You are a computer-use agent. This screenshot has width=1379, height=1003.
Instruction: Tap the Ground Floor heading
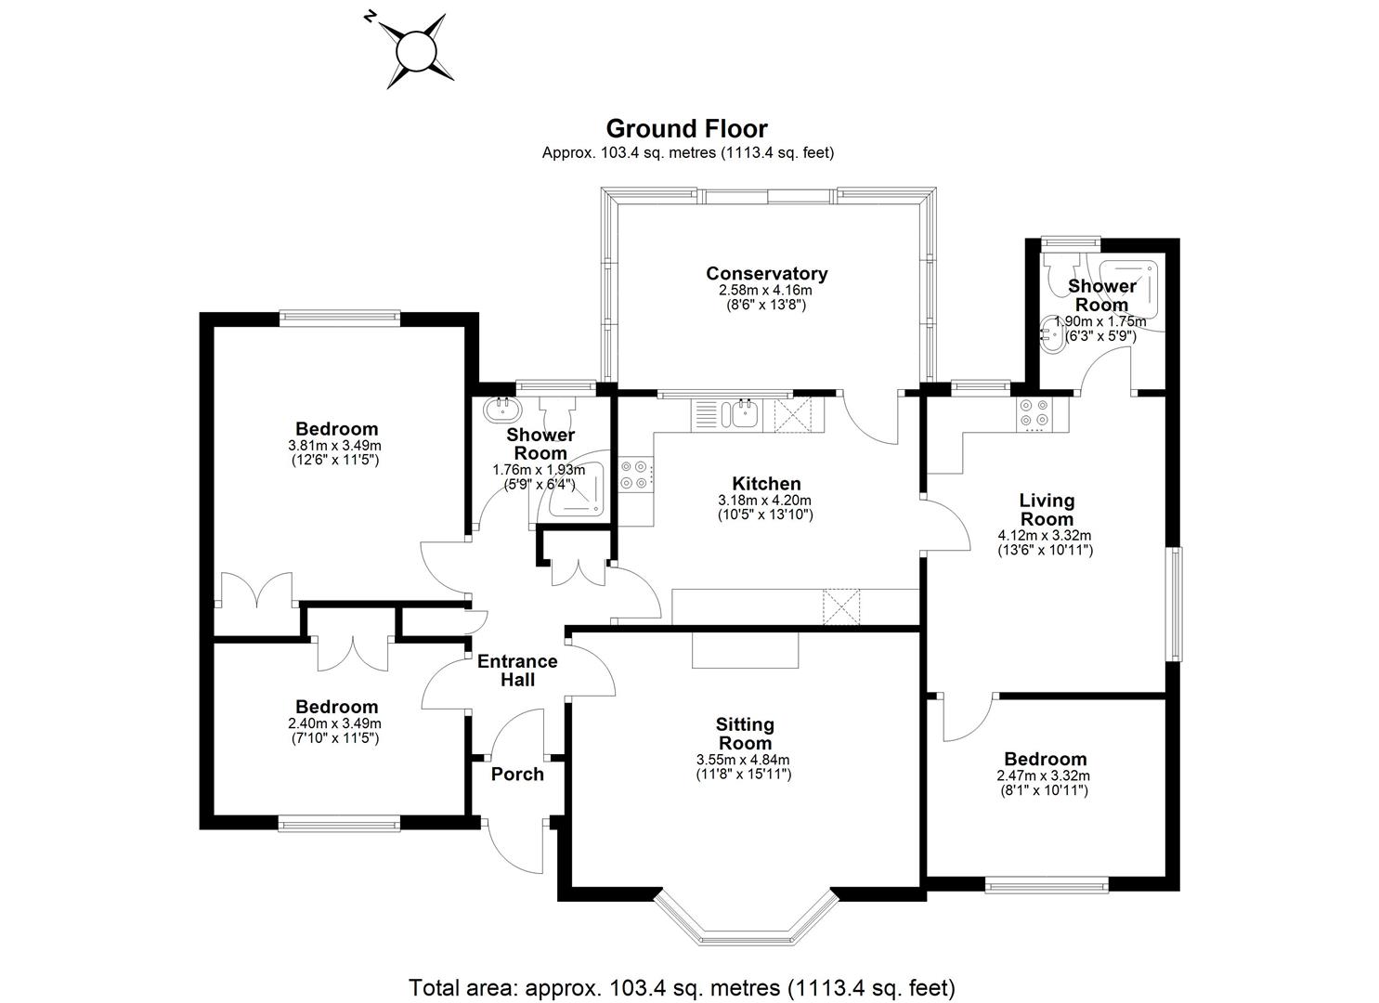tap(686, 128)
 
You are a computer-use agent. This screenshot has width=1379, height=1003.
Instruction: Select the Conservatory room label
tap(766, 273)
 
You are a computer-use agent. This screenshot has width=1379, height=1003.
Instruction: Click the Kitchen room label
tap(766, 484)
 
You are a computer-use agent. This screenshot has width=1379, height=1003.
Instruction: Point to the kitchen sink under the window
tap(742, 413)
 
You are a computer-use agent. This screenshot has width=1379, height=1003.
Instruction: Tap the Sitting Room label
tap(744, 734)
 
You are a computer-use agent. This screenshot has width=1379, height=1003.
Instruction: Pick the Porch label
tap(517, 775)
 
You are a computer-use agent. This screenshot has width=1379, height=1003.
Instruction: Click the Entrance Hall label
tap(517, 671)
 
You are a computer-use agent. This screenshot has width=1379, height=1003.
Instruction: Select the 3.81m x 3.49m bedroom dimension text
tap(335, 445)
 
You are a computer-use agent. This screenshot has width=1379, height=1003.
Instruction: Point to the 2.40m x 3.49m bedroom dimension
tap(335, 723)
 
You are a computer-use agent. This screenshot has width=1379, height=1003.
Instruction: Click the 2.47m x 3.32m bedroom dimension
tap(1043, 775)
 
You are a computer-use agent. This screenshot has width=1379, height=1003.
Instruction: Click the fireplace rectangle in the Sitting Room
tap(745, 649)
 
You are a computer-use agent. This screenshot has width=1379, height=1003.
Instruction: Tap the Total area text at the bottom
tap(682, 986)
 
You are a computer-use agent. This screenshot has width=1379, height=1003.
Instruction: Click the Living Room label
tap(1047, 510)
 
